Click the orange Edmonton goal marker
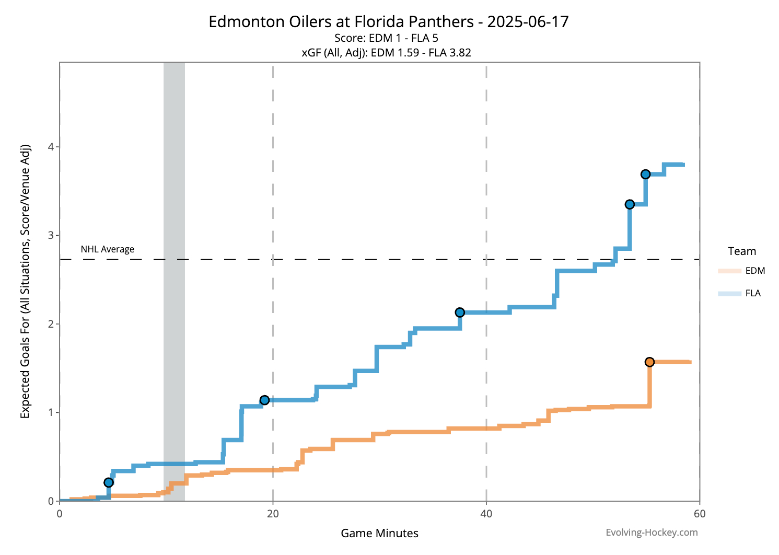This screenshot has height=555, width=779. click(649, 362)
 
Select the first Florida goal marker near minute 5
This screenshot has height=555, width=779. click(109, 482)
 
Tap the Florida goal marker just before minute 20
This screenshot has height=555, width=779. click(264, 400)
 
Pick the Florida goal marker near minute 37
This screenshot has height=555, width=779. click(460, 313)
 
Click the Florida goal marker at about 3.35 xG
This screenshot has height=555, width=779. click(630, 204)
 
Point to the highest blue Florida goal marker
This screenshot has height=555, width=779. click(645, 174)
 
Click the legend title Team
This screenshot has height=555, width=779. click(742, 251)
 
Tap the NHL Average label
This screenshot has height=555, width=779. click(107, 249)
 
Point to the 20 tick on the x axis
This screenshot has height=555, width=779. click(273, 514)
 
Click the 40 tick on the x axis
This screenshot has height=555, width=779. click(486, 514)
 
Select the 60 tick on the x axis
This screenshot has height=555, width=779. click(700, 514)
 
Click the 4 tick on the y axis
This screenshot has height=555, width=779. click(51, 147)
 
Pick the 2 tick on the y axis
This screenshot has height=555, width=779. click(51, 324)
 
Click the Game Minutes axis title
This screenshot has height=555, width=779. click(379, 534)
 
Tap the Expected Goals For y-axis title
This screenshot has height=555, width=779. click(25, 281)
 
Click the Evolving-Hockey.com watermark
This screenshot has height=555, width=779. click(652, 533)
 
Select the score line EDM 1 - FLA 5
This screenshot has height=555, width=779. click(386, 38)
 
